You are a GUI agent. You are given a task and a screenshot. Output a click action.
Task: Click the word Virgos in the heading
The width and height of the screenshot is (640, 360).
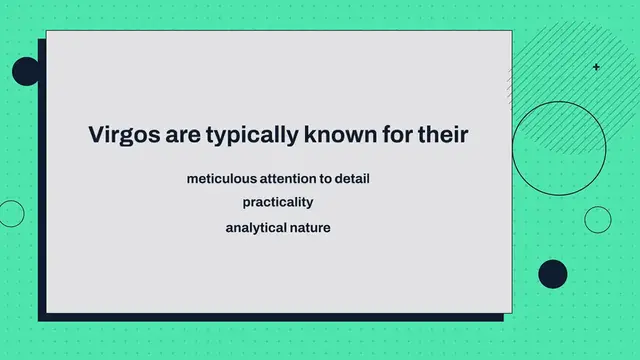click(x=120, y=134)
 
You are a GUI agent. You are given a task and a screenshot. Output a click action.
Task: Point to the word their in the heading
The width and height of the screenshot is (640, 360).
click(x=441, y=134)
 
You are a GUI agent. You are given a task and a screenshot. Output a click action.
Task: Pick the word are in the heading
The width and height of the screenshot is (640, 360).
click(x=176, y=134)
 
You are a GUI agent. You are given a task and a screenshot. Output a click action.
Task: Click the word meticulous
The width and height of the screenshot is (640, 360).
click(x=221, y=178)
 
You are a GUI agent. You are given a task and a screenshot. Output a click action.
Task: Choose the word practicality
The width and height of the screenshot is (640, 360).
click(x=278, y=203)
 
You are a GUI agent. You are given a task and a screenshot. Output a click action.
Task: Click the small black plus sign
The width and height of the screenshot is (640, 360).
click(x=597, y=67)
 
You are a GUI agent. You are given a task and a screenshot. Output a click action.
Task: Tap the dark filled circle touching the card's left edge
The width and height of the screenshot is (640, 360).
click(x=26, y=71)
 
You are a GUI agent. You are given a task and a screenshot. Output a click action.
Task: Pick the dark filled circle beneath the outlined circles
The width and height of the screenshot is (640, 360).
click(x=552, y=274)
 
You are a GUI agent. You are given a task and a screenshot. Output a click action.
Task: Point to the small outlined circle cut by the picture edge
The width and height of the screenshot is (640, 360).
click(x=10, y=213)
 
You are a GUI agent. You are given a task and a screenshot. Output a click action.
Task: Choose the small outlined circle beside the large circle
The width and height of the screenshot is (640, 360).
click(x=597, y=219)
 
